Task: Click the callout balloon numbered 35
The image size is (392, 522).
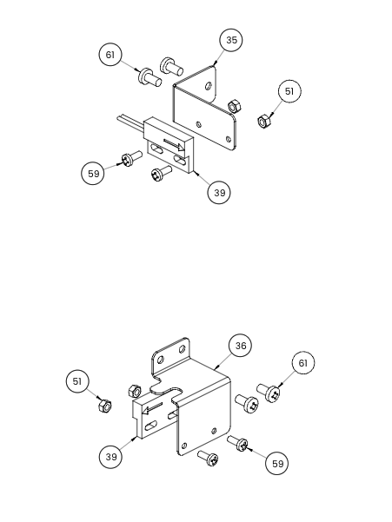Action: coord(231,40)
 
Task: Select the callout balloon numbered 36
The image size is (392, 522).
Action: coord(240,346)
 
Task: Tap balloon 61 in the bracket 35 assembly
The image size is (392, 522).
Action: coord(110,55)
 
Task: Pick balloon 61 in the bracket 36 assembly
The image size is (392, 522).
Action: coord(303,362)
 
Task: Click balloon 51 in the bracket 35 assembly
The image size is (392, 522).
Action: coord(289,91)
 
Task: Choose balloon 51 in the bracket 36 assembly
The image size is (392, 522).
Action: coord(77,381)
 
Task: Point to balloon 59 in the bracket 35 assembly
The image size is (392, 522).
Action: coord(93,174)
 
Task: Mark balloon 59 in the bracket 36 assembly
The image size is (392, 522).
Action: coord(277,464)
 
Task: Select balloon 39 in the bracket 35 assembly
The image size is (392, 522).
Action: coord(219,193)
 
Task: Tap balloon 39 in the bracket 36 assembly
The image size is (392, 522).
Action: coord(110,456)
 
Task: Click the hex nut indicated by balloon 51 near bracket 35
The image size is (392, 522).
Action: coord(264,122)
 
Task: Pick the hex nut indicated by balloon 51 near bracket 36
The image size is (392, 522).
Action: coord(105,406)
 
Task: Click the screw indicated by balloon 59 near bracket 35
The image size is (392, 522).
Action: coord(131,159)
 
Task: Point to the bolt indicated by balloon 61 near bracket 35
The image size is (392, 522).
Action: coord(149,77)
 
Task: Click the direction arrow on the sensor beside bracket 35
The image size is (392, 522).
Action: coord(173,144)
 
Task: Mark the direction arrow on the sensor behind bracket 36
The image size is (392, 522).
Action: coord(152,408)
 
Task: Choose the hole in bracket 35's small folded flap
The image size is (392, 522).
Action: coord(209,86)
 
